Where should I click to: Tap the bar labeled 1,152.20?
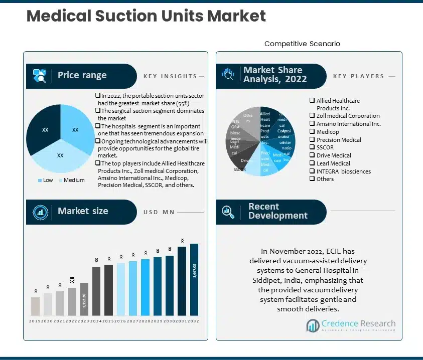pos(84,301)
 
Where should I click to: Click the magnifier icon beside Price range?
pos(40,76)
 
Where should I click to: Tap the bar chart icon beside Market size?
pos(40,212)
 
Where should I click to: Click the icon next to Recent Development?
pos(228,212)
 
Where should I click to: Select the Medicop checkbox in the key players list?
pos(312,132)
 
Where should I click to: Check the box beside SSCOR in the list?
pos(312,147)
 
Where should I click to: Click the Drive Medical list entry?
pos(334,155)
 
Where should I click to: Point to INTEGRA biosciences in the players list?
pos(343,171)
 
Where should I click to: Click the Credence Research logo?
pos(351,325)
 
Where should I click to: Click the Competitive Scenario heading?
pos(302,44)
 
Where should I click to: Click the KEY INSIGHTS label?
pos(170,76)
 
